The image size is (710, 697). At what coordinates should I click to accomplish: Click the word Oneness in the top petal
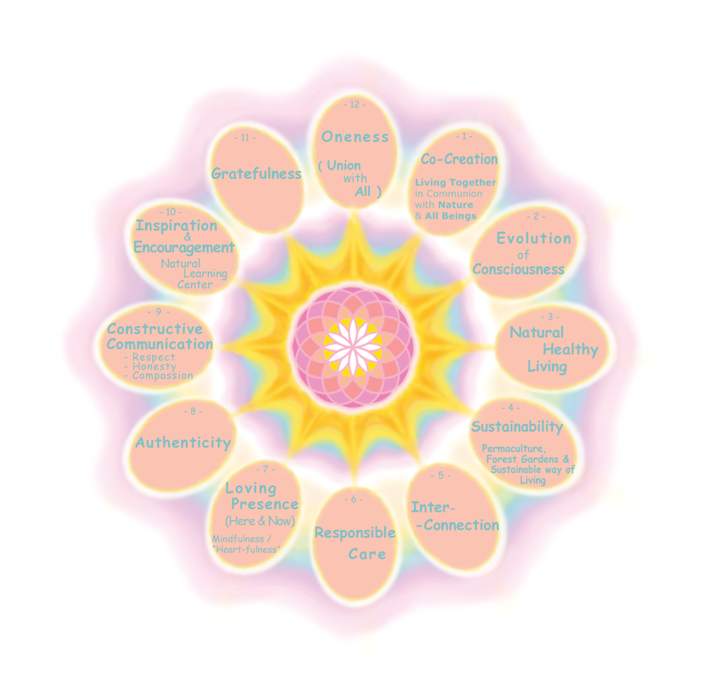click(x=355, y=137)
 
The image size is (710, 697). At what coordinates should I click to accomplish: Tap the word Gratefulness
click(x=256, y=174)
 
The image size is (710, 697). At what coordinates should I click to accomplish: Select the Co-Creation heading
click(x=459, y=159)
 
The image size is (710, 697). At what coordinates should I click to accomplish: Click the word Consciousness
click(x=518, y=269)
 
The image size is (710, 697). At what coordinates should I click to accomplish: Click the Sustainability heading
click(x=517, y=427)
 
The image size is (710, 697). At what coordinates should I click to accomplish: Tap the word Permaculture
click(x=513, y=448)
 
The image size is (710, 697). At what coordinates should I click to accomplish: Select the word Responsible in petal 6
click(x=355, y=533)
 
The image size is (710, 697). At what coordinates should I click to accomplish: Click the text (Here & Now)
click(x=260, y=521)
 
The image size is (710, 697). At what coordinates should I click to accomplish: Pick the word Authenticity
click(x=183, y=443)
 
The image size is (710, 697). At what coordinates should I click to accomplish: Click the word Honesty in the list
click(x=154, y=366)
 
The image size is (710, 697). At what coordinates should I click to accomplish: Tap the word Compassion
click(x=163, y=376)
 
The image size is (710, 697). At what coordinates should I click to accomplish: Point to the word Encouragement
click(x=184, y=246)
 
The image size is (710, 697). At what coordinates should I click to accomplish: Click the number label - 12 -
click(x=355, y=104)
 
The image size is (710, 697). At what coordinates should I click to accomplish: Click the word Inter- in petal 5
click(x=433, y=507)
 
